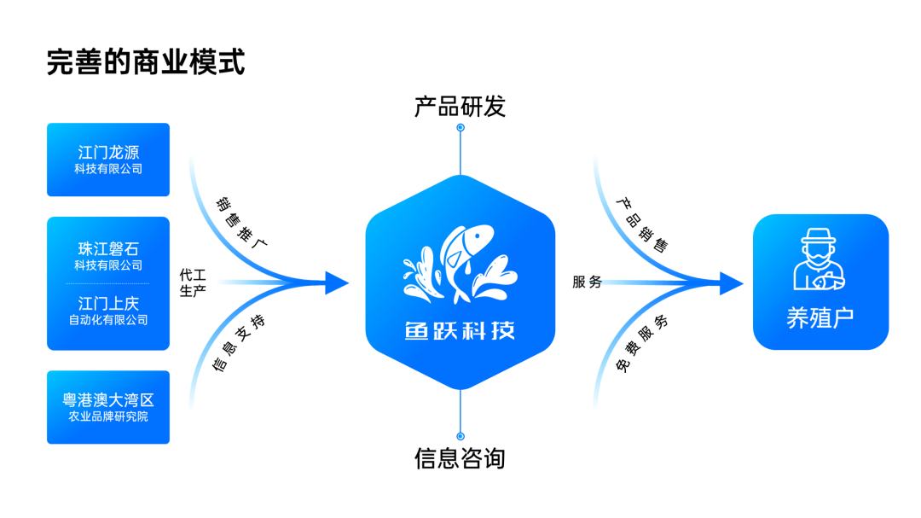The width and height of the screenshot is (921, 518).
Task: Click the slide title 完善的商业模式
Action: click(x=146, y=62)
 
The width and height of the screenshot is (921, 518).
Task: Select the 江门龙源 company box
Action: click(x=108, y=160)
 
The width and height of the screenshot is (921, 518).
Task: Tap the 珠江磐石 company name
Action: click(x=108, y=248)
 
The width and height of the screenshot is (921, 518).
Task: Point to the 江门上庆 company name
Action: click(x=108, y=304)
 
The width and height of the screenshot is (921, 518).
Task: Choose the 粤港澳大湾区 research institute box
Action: click(x=108, y=407)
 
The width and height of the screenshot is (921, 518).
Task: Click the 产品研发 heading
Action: click(x=460, y=107)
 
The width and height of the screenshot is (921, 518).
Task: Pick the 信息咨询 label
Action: click(x=460, y=458)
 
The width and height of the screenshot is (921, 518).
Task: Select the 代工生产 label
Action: click(x=193, y=282)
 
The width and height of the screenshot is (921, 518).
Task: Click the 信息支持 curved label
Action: click(x=239, y=343)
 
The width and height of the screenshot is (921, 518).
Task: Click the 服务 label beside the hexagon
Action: click(x=588, y=282)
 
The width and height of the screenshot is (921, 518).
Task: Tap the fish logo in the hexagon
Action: click(x=460, y=264)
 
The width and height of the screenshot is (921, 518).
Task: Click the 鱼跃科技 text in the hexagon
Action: click(x=460, y=330)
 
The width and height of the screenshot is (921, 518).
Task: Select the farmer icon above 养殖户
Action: click(x=820, y=259)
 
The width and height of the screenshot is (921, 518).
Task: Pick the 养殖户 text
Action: click(x=820, y=318)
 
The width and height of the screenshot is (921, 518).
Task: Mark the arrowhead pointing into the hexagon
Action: click(x=337, y=282)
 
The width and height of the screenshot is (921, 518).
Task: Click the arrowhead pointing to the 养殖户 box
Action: click(x=732, y=283)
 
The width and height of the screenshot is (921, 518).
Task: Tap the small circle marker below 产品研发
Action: click(x=460, y=128)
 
